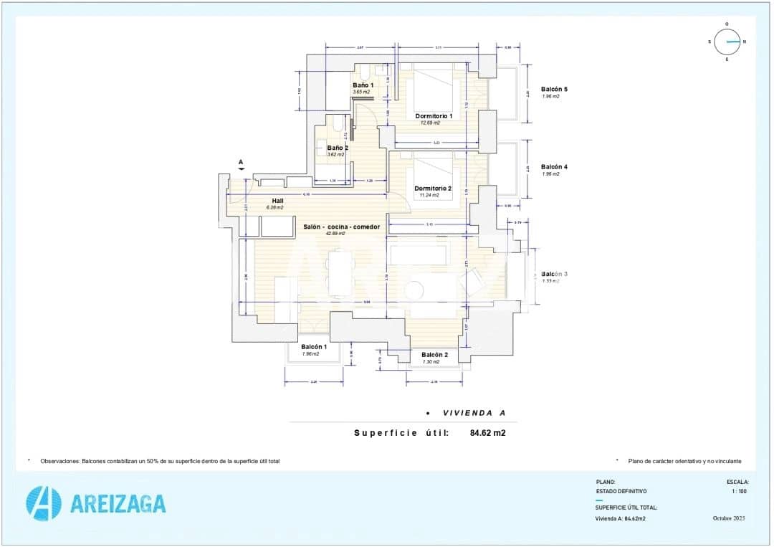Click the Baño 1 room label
pyautogui.click(x=363, y=85)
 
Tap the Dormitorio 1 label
pyautogui.click(x=434, y=115)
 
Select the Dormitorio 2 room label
pyautogui.click(x=434, y=188)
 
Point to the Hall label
pyautogui.click(x=277, y=201)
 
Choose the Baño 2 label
pyautogui.click(x=338, y=148)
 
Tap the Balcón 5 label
pyautogui.click(x=554, y=89)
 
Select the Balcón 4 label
pyautogui.click(x=554, y=167)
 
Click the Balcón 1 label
pyautogui.click(x=314, y=347)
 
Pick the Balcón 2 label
pyautogui.click(x=434, y=355)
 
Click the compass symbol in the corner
pyautogui.click(x=727, y=42)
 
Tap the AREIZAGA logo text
pyautogui.click(x=118, y=503)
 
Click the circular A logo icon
pyautogui.click(x=43, y=503)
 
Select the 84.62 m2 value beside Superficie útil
pyautogui.click(x=487, y=433)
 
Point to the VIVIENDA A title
pyautogui.click(x=474, y=413)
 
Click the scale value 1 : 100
pyautogui.click(x=740, y=491)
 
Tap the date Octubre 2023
pyautogui.click(x=729, y=518)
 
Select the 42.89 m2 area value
pyautogui.click(x=335, y=234)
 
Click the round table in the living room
pyautogui.click(x=414, y=290)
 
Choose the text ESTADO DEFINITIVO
pyautogui.click(x=621, y=491)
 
